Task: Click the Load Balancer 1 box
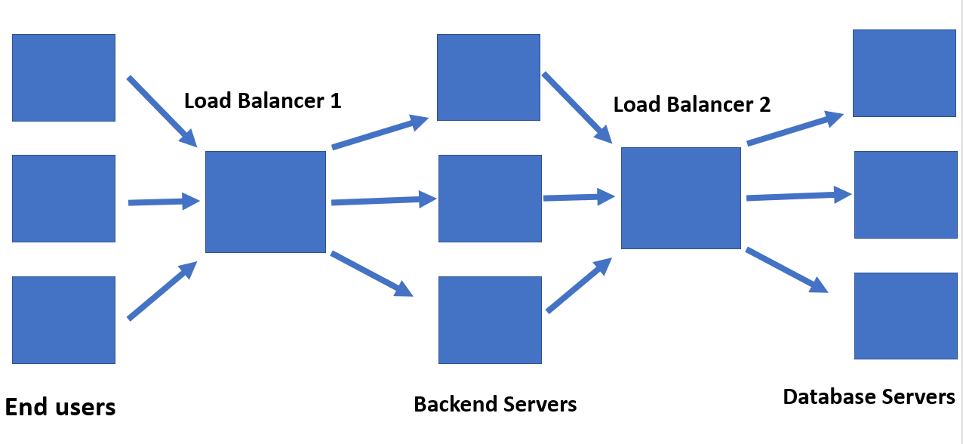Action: pos(266,202)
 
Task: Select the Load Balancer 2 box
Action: pos(681,198)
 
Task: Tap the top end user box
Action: pos(63,77)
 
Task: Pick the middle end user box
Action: pos(63,199)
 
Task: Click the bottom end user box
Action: pos(63,319)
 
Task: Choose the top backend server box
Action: pos(488,77)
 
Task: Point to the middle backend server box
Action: pos(490,198)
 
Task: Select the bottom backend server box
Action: pos(490,319)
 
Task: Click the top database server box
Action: pos(904,73)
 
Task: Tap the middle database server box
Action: pos(906,195)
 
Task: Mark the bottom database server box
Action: pos(906,316)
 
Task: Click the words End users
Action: pos(60,407)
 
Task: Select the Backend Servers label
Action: pos(495,404)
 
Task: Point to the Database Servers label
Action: pos(869,396)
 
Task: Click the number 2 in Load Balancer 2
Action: pos(764,104)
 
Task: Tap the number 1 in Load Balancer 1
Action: pos(335,100)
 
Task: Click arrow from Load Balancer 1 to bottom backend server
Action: pos(371,273)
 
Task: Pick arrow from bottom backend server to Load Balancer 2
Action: pos(578,285)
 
